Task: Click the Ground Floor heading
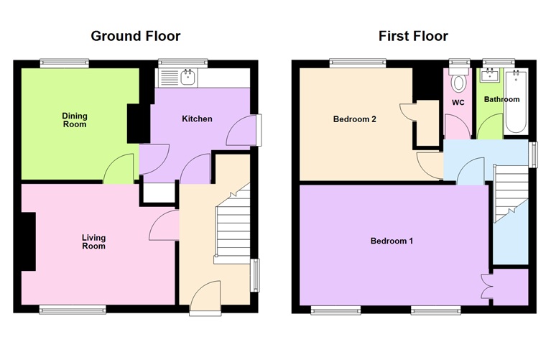(x=135, y=36)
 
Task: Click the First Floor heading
(x=413, y=36)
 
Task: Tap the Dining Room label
(x=74, y=119)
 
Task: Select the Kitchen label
(x=196, y=119)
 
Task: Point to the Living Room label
(x=93, y=241)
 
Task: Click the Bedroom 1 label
(x=392, y=241)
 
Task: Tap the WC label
(x=458, y=102)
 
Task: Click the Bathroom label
(x=501, y=99)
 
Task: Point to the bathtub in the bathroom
(x=515, y=102)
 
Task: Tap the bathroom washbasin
(x=493, y=75)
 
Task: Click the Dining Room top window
(x=65, y=63)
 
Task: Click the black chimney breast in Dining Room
(x=134, y=123)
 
